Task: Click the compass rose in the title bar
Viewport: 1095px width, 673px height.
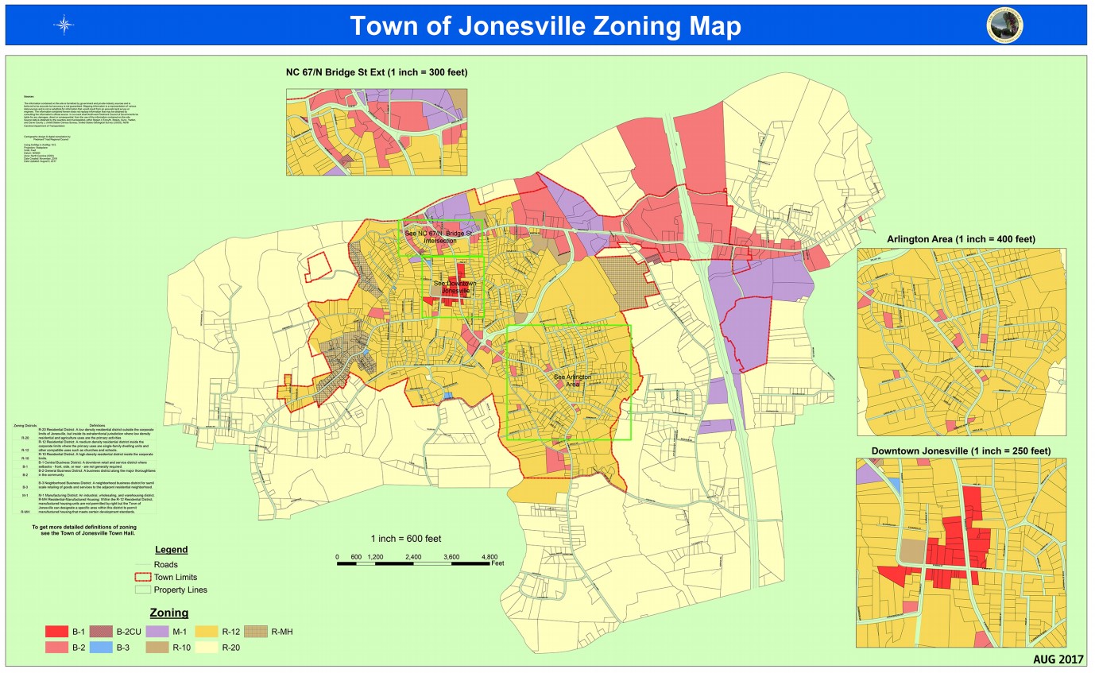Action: pyautogui.click(x=64, y=25)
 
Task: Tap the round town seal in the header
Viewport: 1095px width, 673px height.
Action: pyautogui.click(x=1004, y=25)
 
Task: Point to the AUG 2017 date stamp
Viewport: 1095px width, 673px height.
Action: pyautogui.click(x=1058, y=659)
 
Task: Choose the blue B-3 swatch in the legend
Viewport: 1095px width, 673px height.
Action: pyautogui.click(x=100, y=648)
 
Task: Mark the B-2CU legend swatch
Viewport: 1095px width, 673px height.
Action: pyautogui.click(x=100, y=632)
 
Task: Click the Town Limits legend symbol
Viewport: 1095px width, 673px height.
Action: pyautogui.click(x=143, y=577)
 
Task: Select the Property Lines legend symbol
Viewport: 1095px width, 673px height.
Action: pyautogui.click(x=143, y=590)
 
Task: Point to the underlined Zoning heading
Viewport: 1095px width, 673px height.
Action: pyautogui.click(x=168, y=613)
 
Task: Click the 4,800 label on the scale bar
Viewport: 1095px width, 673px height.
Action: pyautogui.click(x=490, y=556)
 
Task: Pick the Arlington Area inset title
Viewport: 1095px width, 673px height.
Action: pyautogui.click(x=961, y=239)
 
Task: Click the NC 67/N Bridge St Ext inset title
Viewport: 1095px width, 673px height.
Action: pyautogui.click(x=377, y=72)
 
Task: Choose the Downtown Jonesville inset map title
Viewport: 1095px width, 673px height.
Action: pyautogui.click(x=961, y=451)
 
